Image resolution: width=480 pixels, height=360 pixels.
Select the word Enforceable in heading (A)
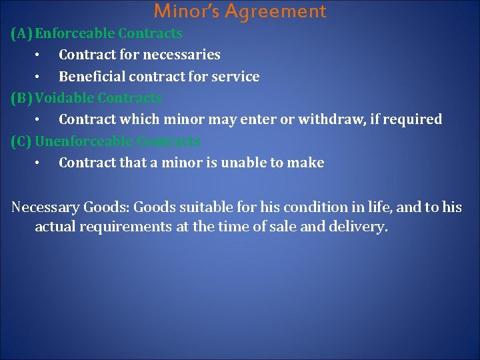[x=75, y=33]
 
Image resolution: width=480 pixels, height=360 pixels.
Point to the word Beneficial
[x=90, y=77]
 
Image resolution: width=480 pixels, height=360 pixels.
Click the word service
[x=237, y=77]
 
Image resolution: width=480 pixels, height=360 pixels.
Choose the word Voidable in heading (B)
[x=64, y=98]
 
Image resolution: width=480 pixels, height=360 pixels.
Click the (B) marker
[x=21, y=98]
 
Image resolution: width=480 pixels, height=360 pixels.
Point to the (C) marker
[x=21, y=141]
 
